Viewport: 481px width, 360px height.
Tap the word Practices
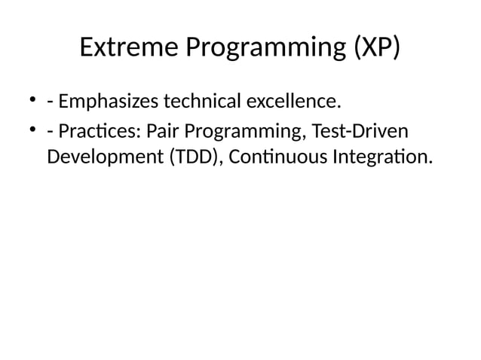pos(101,132)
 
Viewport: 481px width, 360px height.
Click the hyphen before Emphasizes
pos(50,102)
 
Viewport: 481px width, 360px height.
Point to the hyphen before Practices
pos(50,133)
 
